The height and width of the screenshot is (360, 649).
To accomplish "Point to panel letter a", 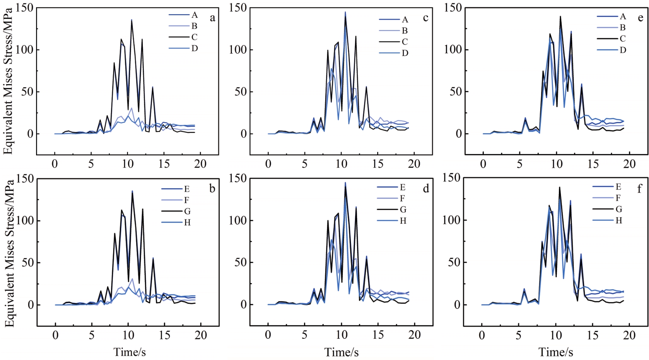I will [212, 18].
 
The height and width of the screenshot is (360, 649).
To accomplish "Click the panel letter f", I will [639, 189].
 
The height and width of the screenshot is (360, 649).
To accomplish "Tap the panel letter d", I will [426, 189].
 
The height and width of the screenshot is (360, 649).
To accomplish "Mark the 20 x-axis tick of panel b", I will [201, 335].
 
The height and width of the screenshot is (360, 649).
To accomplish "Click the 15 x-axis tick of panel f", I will [592, 335].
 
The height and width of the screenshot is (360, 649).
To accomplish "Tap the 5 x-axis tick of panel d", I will [304, 335].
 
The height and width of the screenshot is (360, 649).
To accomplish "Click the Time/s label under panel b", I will [129, 352].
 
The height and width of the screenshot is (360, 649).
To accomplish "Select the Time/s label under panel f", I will [556, 352].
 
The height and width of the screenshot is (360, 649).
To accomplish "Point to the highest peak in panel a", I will [131, 20].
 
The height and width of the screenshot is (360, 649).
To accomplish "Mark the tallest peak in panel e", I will [560, 16].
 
